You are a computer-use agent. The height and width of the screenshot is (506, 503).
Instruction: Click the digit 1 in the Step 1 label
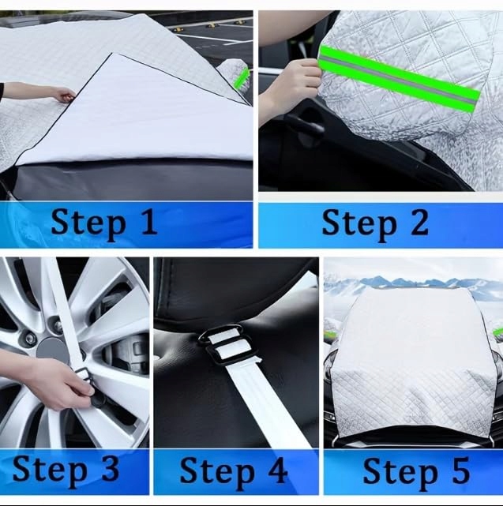click(148, 221)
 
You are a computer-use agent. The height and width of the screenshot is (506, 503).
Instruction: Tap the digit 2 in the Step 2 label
click(419, 221)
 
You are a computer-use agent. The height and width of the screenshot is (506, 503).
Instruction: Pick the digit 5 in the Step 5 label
click(460, 470)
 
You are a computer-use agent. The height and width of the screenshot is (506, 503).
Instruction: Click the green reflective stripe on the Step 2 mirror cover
click(400, 79)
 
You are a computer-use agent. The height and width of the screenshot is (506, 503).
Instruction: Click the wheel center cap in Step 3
click(52, 350)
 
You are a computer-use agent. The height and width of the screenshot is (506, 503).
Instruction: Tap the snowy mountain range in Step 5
click(413, 283)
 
